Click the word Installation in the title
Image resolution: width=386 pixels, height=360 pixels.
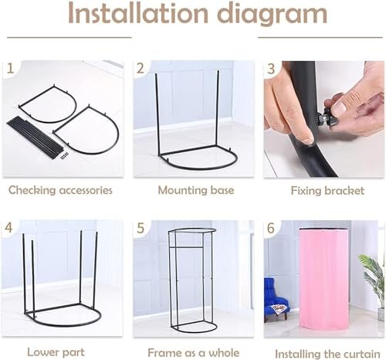tap(137, 13)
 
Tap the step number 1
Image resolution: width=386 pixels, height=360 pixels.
tap(10, 68)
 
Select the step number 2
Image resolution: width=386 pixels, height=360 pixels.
tap(141, 69)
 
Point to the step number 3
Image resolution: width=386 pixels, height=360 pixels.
tap(271, 69)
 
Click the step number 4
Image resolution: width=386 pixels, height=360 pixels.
tap(8, 228)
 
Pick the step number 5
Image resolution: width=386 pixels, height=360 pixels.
tap(141, 228)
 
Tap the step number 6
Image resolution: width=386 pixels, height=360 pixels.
tap(271, 228)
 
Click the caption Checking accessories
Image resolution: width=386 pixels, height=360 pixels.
tap(60, 190)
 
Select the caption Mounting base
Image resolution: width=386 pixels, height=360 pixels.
tap(196, 190)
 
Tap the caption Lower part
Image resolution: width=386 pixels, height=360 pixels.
tap(56, 352)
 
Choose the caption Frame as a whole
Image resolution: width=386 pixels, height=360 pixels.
tap(194, 352)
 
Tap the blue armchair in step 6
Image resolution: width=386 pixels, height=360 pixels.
tap(277, 299)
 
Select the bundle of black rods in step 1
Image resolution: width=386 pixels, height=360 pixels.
tap(36, 135)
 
